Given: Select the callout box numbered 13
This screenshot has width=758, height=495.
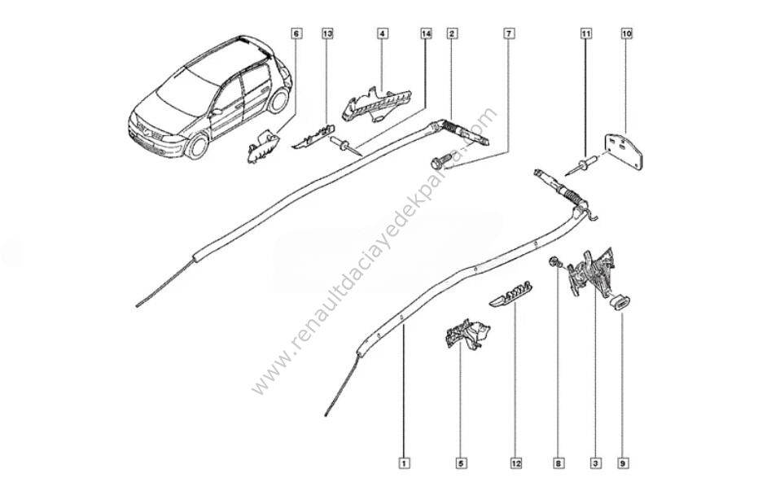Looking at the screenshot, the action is click(x=328, y=34).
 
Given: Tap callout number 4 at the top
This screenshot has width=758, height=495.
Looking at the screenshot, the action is click(x=382, y=34).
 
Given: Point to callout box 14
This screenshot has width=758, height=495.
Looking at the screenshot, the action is click(x=426, y=34).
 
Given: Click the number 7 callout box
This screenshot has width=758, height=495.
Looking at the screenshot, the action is click(x=509, y=34).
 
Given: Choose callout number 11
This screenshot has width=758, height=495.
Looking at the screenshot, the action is click(x=585, y=34).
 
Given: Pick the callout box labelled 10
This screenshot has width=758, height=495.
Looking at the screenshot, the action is click(x=627, y=34).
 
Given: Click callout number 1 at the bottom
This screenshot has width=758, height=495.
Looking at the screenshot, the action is click(x=405, y=463).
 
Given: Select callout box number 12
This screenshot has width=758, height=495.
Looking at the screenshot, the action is click(x=516, y=463).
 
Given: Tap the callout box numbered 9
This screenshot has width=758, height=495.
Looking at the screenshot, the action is click(x=623, y=463).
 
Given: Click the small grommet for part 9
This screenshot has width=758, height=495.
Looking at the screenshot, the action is click(x=620, y=303).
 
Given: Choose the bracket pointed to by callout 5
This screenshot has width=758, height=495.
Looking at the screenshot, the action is click(x=466, y=334).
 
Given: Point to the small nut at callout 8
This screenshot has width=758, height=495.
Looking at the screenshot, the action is click(x=551, y=262).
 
